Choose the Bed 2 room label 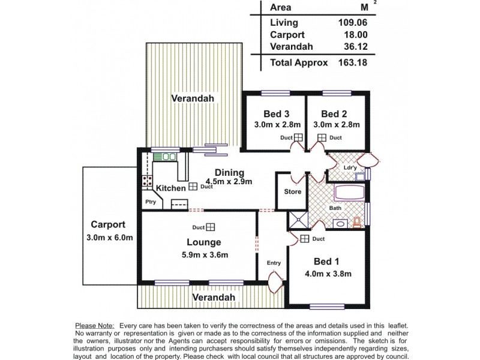coord(334,114)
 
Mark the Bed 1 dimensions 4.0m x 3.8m coord(328,274)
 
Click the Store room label coord(292,192)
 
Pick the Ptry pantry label coord(150,202)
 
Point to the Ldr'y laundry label coord(350,168)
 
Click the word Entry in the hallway coord(274,263)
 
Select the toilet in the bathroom coord(357,223)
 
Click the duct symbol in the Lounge coord(211,227)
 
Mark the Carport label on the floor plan coord(108,225)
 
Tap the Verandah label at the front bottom coord(214,297)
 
